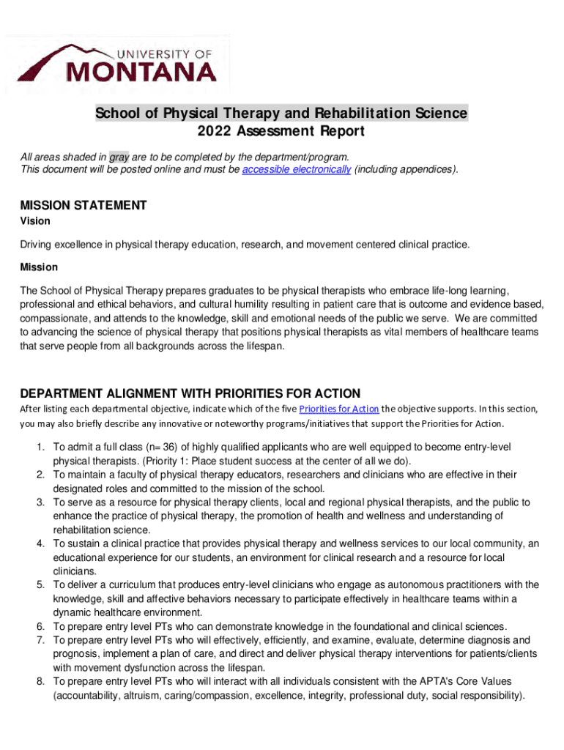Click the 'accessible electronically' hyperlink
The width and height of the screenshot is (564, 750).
coord(296,170)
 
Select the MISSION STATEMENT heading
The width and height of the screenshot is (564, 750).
coord(84,206)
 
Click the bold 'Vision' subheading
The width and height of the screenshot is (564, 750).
coord(34,221)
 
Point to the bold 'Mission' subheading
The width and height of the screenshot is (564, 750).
coord(39,267)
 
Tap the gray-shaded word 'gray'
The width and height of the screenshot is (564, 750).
coord(119,157)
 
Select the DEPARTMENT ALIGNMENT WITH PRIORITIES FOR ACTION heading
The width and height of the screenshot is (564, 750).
coord(190,393)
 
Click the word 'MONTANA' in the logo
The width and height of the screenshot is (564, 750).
coord(142,72)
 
